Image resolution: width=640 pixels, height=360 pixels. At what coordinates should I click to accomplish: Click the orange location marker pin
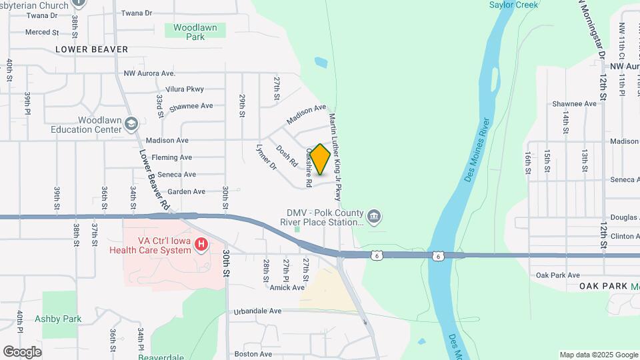320,159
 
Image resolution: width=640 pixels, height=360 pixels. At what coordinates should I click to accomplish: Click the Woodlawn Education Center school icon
132,123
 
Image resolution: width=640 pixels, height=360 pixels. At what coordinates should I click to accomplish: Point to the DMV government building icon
375,215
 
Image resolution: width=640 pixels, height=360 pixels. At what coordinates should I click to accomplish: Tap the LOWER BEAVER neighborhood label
91,49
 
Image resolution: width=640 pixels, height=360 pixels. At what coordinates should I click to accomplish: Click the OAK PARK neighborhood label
603,286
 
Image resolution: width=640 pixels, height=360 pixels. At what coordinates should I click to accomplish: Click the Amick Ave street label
287,287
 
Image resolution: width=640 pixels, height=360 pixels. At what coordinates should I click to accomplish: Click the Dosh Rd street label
286,155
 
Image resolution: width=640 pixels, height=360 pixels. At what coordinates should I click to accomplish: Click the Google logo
22,351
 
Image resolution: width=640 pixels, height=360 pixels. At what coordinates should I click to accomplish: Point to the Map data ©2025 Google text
599,355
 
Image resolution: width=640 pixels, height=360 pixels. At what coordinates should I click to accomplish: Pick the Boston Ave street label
253,354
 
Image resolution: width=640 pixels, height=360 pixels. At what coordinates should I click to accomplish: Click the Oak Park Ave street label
557,275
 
